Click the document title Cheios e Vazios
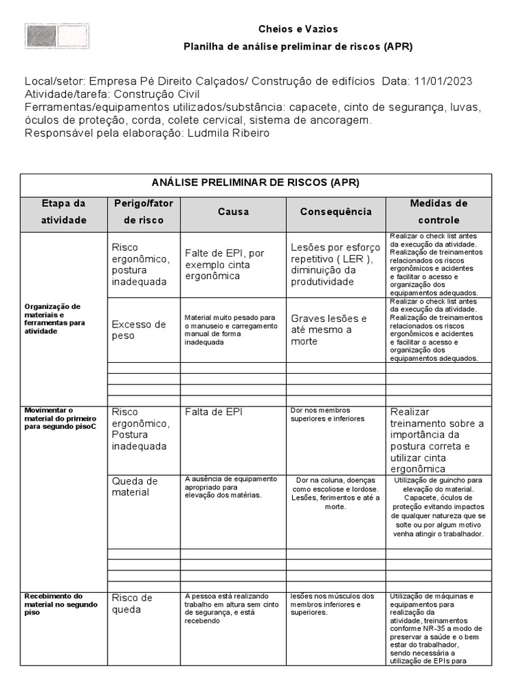point(298,29)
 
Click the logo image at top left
point(57,35)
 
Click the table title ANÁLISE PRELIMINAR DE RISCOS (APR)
point(255,183)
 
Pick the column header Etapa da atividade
point(64,212)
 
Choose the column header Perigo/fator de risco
point(144,212)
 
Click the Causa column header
point(233,212)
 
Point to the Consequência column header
point(336,212)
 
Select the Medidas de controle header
point(439,212)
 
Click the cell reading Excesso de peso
point(139,330)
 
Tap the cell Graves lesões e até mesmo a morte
point(328,329)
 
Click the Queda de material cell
point(135,487)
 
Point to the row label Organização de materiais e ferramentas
point(55,314)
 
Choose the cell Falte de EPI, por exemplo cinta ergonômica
point(224,264)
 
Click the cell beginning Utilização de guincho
point(439,507)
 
